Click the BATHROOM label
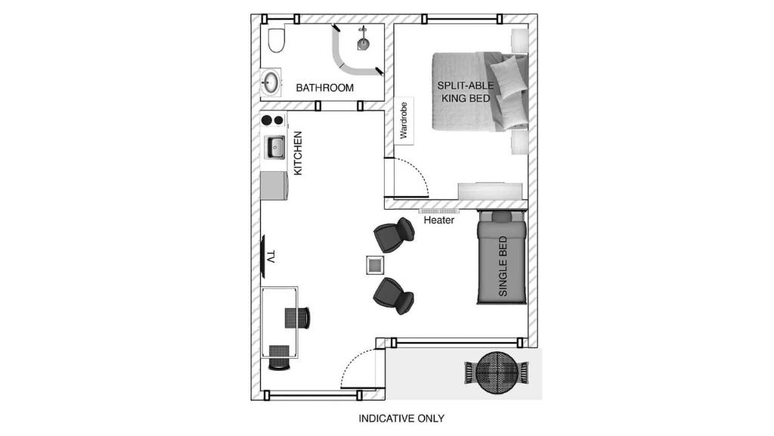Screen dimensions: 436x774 point(324,88)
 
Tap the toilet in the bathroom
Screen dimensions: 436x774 point(277,40)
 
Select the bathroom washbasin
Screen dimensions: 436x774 point(271,83)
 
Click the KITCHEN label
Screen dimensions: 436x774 point(298,154)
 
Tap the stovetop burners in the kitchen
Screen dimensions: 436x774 point(272,120)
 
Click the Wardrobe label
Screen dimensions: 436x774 point(404,121)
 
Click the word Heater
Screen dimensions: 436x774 point(439,220)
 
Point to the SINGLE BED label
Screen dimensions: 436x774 point(503,266)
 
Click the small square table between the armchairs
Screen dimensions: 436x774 point(375,265)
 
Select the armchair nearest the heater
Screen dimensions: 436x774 point(395,235)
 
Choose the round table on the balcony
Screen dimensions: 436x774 point(497,372)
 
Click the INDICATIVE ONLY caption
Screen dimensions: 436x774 point(401,419)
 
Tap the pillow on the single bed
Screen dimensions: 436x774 point(502,216)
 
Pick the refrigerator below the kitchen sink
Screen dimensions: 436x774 point(274,185)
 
